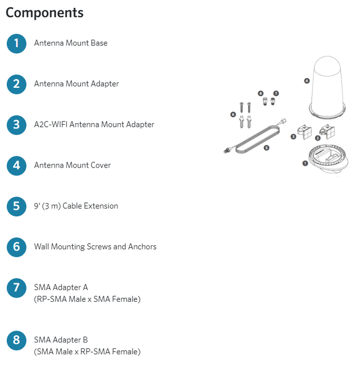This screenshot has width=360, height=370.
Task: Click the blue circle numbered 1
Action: click(x=16, y=44)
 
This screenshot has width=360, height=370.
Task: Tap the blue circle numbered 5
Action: click(x=16, y=207)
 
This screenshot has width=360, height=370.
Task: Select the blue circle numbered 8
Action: click(x=16, y=340)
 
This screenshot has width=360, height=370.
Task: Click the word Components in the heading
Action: click(x=44, y=13)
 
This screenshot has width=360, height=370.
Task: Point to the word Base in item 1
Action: click(x=99, y=43)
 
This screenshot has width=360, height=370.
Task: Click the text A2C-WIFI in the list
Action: click(x=51, y=124)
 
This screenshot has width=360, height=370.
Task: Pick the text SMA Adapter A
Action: click(x=61, y=288)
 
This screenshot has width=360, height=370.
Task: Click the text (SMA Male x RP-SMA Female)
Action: click(x=87, y=351)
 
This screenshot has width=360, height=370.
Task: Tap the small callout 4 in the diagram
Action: click(x=307, y=81)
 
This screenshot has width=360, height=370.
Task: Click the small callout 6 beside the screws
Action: click(x=233, y=115)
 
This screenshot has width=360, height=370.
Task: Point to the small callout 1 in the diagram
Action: click(x=305, y=163)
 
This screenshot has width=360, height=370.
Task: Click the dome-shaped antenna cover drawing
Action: click(x=327, y=87)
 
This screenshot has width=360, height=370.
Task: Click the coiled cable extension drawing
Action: click(x=255, y=137)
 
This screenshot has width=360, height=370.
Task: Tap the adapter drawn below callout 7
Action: click(x=273, y=101)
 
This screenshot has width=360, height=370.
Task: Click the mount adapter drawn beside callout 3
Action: click(x=304, y=132)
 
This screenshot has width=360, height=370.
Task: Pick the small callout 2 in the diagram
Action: click(x=318, y=138)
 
